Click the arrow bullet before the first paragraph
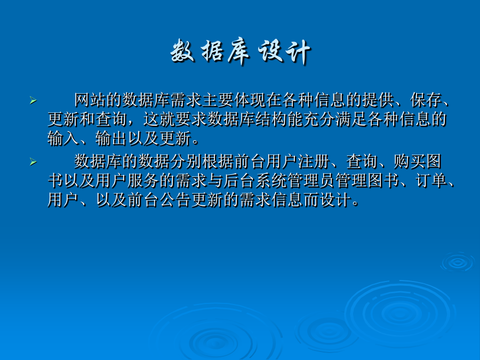33,100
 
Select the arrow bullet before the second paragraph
33,161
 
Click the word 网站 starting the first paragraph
90,100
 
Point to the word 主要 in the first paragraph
218,100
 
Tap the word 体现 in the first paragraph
250,100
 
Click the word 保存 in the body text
426,100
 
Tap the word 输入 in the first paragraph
63,138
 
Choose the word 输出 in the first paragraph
111,138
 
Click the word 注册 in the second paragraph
314,161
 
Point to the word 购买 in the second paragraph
410,161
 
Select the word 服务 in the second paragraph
143,181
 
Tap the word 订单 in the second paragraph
431,181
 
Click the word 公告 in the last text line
175,200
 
